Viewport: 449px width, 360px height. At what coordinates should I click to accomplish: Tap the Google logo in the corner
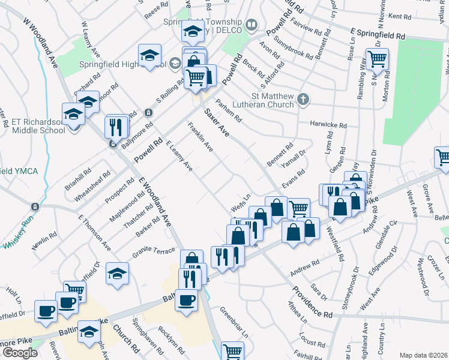pyautogui.click(x=20, y=352)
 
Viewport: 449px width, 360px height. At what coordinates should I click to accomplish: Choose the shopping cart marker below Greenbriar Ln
pyautogui.click(x=232, y=351)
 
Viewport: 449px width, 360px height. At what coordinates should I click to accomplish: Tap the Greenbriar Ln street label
pyautogui.click(x=231, y=319)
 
